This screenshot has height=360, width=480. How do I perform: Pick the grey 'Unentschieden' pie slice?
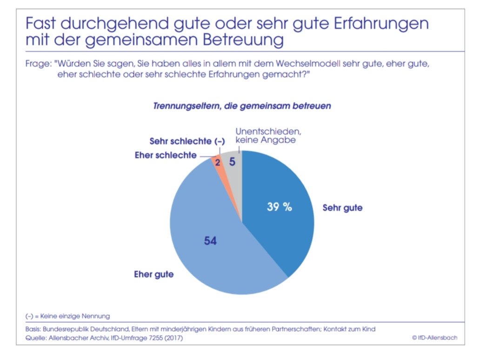(x=233, y=172)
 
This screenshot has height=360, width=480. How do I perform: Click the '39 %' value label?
(x=279, y=207)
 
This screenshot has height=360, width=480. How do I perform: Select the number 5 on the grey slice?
(x=232, y=162)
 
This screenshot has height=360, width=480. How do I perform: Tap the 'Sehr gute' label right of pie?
(x=342, y=208)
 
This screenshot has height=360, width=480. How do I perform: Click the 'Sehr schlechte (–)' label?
(x=180, y=141)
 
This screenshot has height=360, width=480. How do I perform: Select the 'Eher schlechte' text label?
(x=166, y=155)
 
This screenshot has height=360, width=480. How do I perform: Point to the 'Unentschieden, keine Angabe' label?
(x=265, y=135)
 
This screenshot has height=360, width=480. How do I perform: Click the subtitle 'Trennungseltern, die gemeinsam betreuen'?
(x=242, y=106)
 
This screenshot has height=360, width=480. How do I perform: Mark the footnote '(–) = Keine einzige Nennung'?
(x=67, y=316)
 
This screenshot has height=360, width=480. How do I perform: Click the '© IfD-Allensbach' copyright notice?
(x=434, y=338)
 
